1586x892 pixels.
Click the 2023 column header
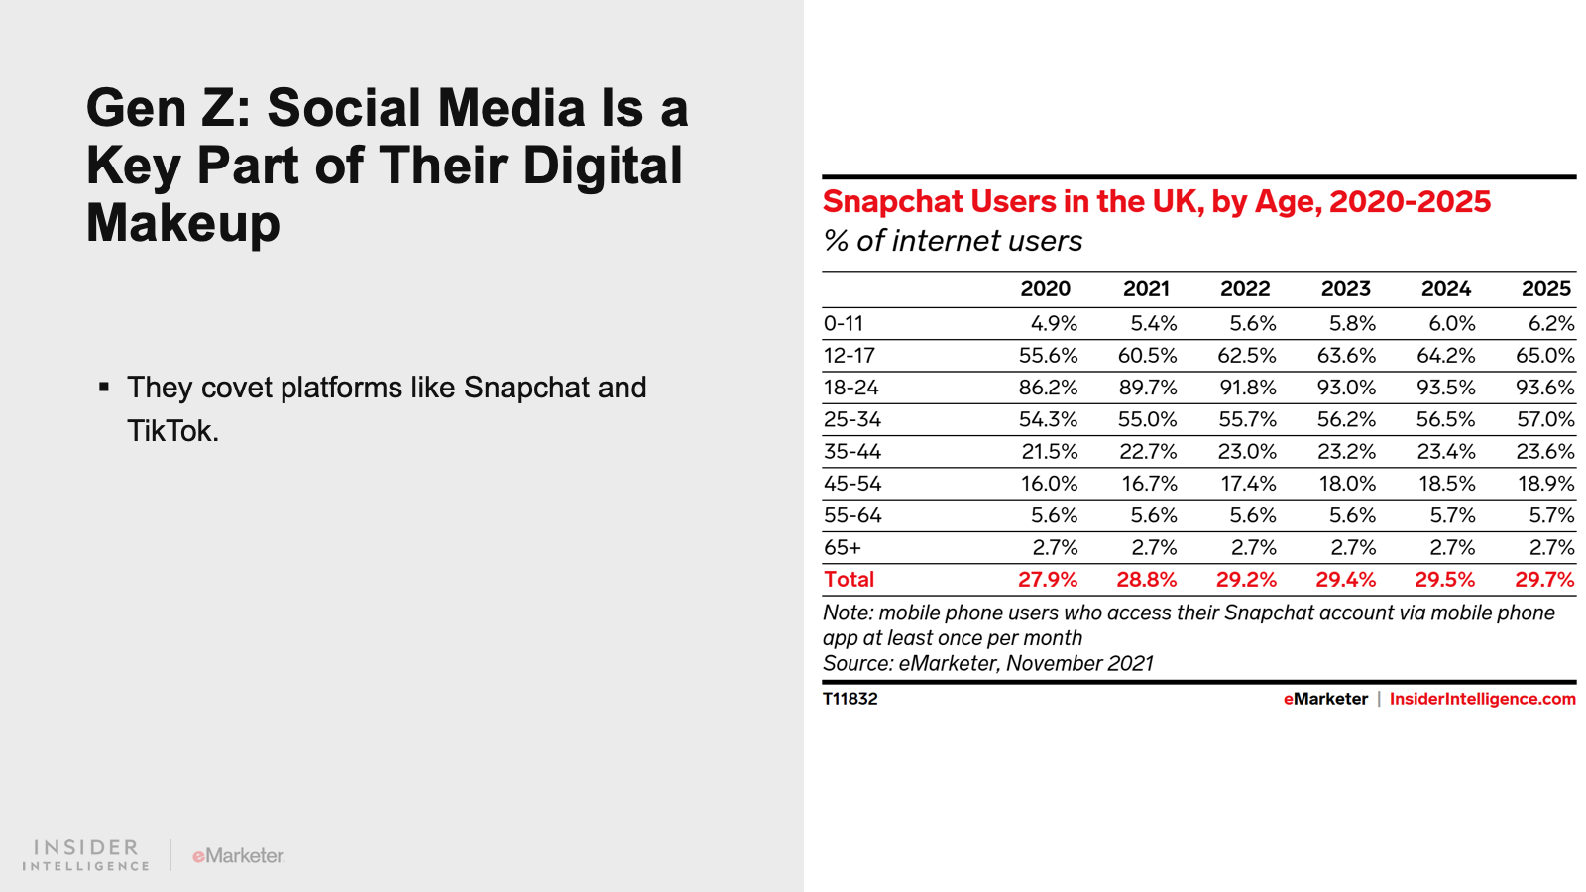[1345, 288]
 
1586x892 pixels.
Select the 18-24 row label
[851, 388]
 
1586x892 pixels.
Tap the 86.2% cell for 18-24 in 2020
[1048, 388]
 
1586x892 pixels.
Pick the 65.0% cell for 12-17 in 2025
[1545, 355]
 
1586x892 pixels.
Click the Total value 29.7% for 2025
[1545, 579]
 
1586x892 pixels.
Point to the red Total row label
[849, 579]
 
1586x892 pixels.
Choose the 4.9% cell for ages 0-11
[1055, 323]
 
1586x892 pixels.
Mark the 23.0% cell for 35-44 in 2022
[1247, 451]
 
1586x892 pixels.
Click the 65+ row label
[843, 547]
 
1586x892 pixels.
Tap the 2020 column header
[1045, 288]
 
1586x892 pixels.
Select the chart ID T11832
[850, 699]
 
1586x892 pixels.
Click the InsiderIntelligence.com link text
[1483, 699]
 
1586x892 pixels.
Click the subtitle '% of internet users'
[953, 241]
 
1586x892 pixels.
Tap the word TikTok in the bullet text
[172, 430]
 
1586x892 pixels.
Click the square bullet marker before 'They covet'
[104, 387]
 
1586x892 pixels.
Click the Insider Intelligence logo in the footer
[85, 855]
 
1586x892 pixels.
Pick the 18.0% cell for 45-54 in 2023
[1347, 484]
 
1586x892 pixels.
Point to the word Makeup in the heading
[183, 224]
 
